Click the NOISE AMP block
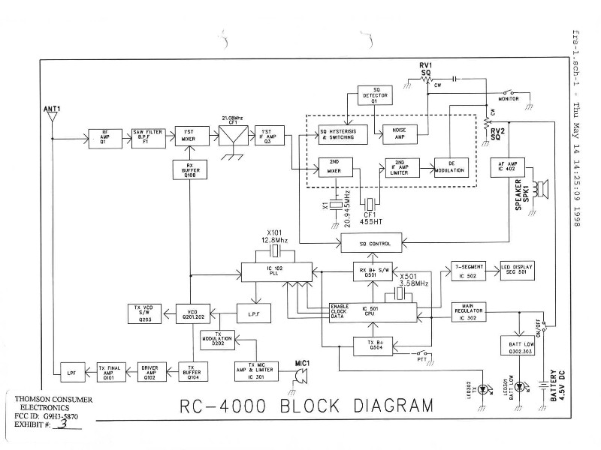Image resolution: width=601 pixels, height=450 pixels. [x=400, y=133]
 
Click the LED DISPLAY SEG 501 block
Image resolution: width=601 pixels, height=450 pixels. [x=518, y=269]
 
